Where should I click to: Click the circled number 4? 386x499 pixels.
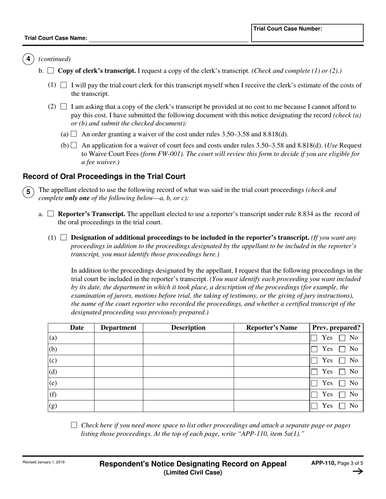(28, 59)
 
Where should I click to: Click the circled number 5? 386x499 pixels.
(28, 192)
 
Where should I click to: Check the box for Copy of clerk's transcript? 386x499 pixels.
(51, 71)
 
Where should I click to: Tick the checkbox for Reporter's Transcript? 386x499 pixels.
(51, 214)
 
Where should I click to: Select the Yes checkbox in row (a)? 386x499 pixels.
(314, 338)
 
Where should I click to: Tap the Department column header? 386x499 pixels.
(118, 328)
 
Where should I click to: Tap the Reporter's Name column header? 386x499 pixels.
(271, 328)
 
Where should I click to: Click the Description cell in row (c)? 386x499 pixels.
(188, 361)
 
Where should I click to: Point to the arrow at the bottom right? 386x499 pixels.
(358, 471)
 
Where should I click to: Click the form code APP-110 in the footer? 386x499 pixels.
(323, 463)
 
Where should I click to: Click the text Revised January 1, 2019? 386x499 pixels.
(43, 462)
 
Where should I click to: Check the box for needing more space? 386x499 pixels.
(74, 425)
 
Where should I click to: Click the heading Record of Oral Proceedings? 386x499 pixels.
(104, 176)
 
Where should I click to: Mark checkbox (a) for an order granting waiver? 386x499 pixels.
(74, 134)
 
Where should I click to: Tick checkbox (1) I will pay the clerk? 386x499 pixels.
(63, 85)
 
